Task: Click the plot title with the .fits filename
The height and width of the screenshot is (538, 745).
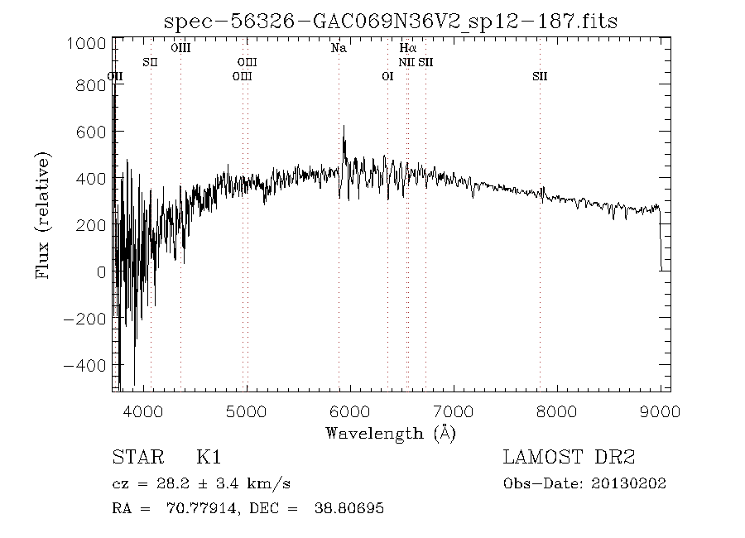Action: point(392,21)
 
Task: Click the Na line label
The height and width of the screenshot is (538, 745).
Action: point(339,49)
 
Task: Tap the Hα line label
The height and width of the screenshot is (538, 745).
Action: point(406,49)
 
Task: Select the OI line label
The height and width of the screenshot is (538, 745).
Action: point(387,77)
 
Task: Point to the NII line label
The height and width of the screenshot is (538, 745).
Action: point(406,63)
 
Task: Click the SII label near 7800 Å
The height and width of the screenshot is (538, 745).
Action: point(540,77)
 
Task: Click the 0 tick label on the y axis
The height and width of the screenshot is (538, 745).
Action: point(99,272)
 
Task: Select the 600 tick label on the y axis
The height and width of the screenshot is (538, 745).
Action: point(91,132)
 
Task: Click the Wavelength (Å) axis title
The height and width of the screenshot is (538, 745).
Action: point(391,432)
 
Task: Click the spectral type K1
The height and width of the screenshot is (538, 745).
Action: point(209,458)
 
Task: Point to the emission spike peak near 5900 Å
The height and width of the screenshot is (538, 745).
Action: point(344,126)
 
